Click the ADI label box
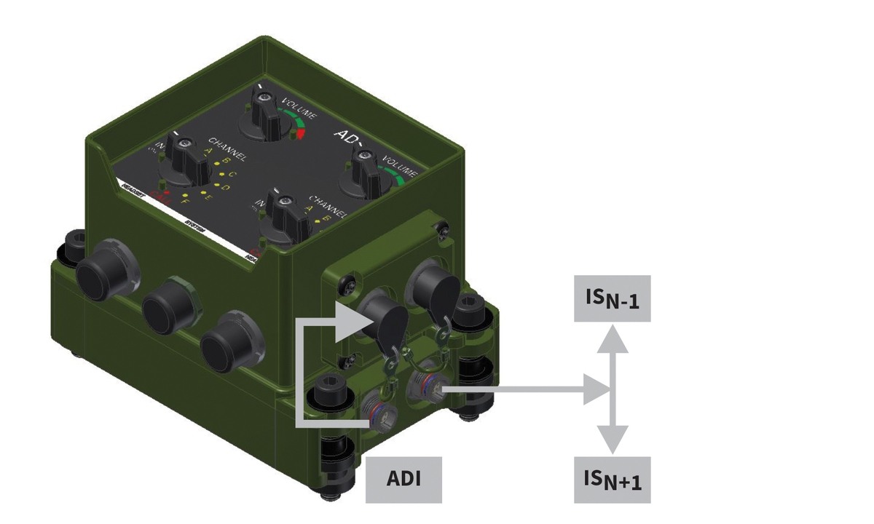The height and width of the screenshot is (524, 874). (x=403, y=480)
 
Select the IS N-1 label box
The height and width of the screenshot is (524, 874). (x=612, y=298)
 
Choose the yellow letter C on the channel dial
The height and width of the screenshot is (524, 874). (x=232, y=175)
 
